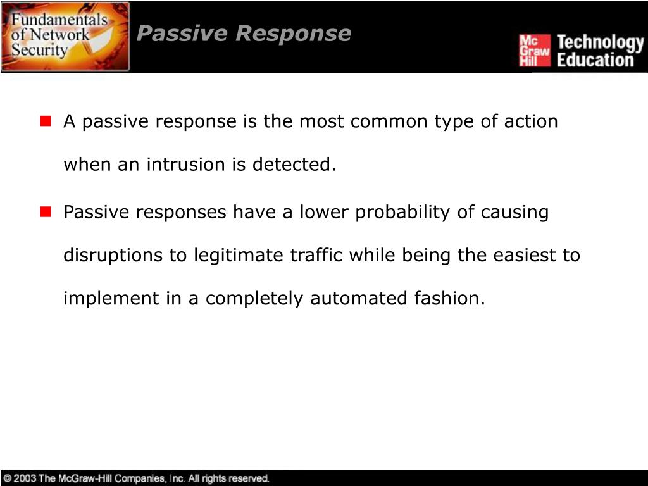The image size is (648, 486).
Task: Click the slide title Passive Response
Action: tap(244, 34)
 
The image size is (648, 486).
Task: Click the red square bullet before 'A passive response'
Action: tap(46, 121)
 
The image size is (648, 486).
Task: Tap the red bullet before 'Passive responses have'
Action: tap(46, 212)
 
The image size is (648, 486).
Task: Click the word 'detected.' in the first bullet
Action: tap(294, 165)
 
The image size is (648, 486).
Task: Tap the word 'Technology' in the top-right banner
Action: tap(599, 43)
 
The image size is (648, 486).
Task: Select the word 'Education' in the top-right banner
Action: tap(595, 61)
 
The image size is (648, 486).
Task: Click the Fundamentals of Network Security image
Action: tap(65, 36)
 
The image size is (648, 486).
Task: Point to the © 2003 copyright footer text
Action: tap(136, 478)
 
